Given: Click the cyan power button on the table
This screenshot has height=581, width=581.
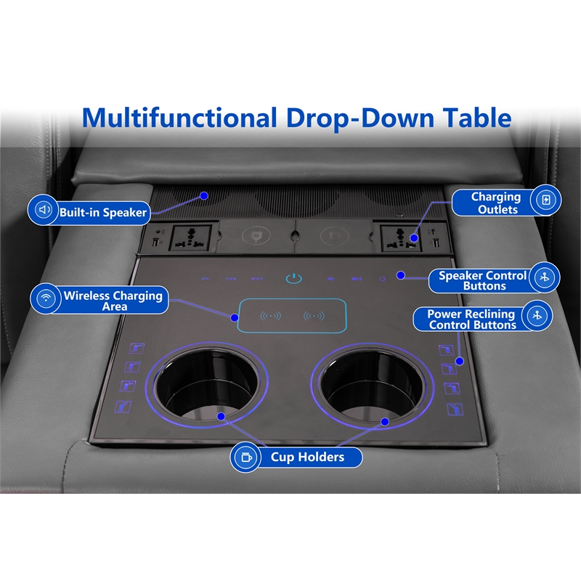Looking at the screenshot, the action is pos(294,278).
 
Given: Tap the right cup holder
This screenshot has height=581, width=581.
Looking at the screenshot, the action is pos(372,386).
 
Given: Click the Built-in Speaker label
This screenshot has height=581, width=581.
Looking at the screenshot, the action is pos(103,212).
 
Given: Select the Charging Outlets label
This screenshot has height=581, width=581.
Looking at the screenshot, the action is pos(497,203).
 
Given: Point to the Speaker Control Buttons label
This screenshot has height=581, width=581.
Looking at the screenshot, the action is pos(482,280).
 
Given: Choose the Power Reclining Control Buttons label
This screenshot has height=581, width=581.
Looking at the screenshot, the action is pos(471,320).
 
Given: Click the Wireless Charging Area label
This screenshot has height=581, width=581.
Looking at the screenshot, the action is pos(113,301).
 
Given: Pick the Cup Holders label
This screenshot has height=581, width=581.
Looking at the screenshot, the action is pos(307,457).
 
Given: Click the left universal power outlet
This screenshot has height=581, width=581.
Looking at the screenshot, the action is pos(190,238).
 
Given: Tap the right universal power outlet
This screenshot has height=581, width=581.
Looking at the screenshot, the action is pos(401,238).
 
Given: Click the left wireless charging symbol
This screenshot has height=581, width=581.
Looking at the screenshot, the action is pos(270,316).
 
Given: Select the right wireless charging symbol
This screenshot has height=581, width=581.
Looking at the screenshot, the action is pos(314,316).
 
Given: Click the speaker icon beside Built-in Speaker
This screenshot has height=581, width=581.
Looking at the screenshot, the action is pos(44,210).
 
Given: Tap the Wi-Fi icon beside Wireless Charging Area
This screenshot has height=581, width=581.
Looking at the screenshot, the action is pos(46,298).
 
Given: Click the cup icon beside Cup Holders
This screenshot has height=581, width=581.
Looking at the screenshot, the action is pos(246,458).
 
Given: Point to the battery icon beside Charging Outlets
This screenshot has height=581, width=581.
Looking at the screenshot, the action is pos(546,200).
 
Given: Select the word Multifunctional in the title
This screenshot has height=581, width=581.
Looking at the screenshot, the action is pos(179,118).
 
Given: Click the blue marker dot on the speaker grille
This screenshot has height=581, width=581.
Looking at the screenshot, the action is pos(204,195).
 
